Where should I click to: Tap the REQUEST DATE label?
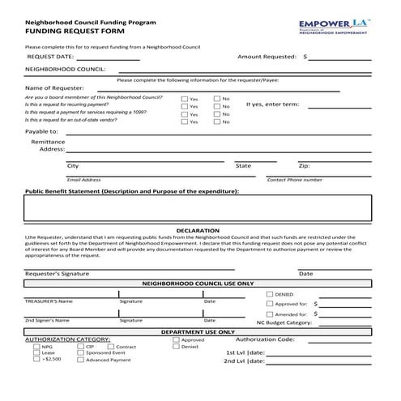pos(50,58)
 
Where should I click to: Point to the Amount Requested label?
pos(268,58)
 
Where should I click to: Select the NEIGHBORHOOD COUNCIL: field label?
pos(66,70)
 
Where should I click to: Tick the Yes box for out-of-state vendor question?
pos(185,122)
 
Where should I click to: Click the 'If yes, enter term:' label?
pos(272,104)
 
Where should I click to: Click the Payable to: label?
pos(41,131)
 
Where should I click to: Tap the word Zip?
pos(304,166)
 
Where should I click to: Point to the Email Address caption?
pos(84,180)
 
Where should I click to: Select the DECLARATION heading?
pos(197,231)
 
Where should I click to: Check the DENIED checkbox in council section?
pos(269,293)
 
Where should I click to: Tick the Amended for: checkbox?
pos(269,314)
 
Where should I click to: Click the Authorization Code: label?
pos(264,339)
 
